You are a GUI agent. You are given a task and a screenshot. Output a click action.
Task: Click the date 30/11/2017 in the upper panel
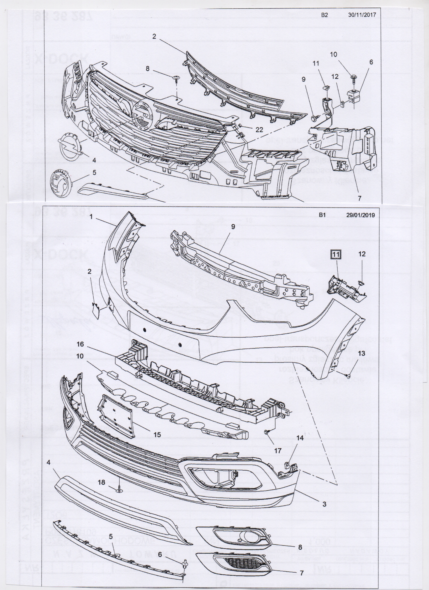pyautogui.click(x=362, y=15)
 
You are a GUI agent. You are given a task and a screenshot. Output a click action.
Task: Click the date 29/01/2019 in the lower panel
pyautogui.click(x=360, y=215)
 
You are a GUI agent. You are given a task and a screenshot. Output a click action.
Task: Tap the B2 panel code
pyautogui.click(x=324, y=15)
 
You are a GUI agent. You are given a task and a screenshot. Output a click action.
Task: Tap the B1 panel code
pyautogui.click(x=322, y=215)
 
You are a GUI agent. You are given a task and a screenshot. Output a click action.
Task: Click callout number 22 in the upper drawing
pyautogui.click(x=259, y=129)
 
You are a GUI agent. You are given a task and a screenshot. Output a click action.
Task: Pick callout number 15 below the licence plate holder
pyautogui.click(x=157, y=434)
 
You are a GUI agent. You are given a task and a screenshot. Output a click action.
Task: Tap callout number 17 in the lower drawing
pyautogui.click(x=278, y=451)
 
